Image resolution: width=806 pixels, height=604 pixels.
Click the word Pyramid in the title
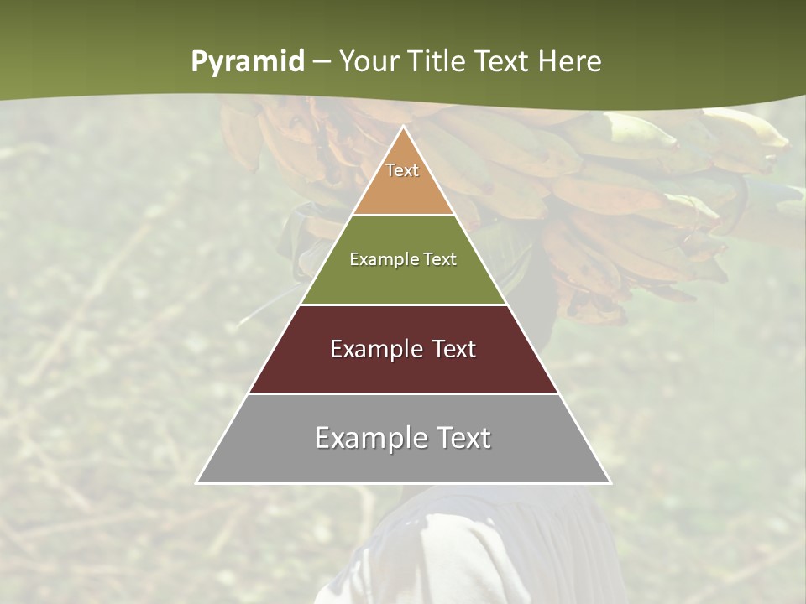(247, 62)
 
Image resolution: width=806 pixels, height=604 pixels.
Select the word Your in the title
(369, 61)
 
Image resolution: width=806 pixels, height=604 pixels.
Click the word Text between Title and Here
(503, 61)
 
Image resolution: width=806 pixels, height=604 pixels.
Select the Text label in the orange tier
(402, 170)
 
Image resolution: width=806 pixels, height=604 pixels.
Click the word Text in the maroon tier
(454, 349)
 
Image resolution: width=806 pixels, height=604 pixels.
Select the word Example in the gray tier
(366, 438)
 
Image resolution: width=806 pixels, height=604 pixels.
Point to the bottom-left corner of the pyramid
(197, 482)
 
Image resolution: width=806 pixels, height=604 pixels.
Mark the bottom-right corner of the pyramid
(610, 482)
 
